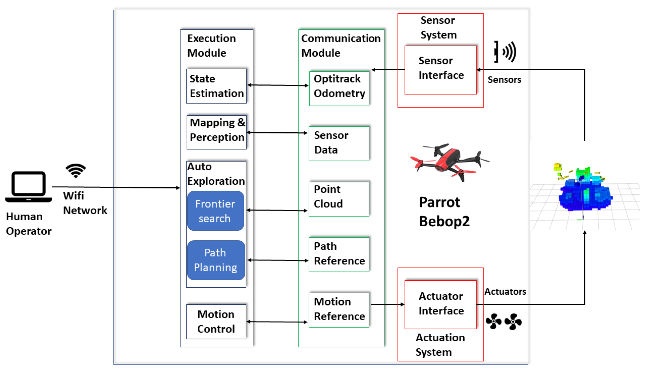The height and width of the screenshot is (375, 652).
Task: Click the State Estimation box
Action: tap(216, 86)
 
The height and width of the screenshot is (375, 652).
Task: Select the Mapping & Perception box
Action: tap(216, 132)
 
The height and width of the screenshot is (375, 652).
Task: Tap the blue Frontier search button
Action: tap(215, 211)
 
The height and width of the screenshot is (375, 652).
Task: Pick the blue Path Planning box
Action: tap(216, 260)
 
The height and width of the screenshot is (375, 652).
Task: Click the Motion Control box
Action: tap(216, 322)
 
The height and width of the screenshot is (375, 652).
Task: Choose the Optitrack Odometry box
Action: tap(339, 89)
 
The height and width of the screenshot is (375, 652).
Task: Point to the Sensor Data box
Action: tap(339, 144)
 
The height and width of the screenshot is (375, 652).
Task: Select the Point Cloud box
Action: tap(339, 199)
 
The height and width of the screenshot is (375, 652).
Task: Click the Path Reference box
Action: tap(339, 254)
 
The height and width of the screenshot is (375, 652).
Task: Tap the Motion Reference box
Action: tap(339, 310)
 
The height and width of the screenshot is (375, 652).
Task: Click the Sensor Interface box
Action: tap(440, 70)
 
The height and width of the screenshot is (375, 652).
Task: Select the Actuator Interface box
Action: tap(440, 304)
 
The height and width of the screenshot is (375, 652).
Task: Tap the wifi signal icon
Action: tap(76, 170)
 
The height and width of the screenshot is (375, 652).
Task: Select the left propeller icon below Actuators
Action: tap(493, 321)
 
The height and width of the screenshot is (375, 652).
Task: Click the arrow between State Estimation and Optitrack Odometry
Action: tap(278, 85)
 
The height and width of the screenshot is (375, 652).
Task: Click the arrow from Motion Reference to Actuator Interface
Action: tap(387, 304)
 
